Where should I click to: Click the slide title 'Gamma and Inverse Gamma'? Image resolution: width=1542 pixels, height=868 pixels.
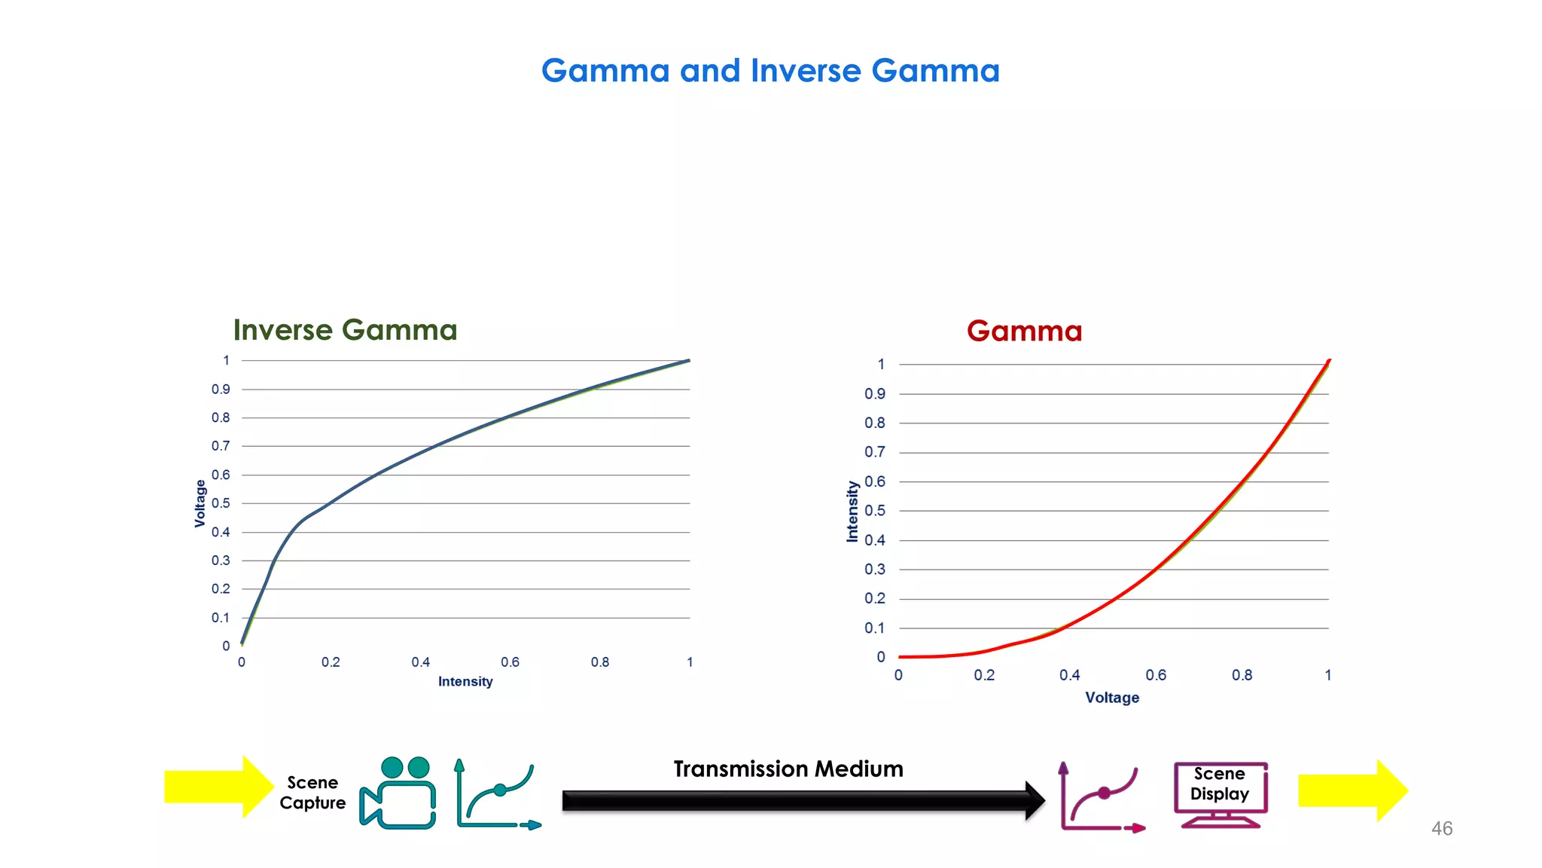tap(770, 71)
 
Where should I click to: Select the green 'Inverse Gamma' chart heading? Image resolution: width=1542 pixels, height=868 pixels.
tap(345, 330)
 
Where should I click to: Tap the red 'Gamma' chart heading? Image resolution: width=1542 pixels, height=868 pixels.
tap(1024, 331)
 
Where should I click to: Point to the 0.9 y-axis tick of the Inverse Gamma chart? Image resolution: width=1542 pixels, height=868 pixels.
tap(221, 390)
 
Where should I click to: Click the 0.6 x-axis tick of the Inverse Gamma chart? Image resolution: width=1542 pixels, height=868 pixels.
tap(510, 662)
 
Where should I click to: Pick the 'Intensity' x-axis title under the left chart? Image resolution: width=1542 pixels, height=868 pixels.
tap(465, 682)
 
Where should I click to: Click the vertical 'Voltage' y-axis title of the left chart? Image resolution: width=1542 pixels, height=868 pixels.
tap(200, 503)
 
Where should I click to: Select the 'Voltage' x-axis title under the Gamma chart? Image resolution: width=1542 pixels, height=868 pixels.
tap(1112, 698)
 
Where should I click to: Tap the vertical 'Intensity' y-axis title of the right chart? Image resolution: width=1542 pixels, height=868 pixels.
tap(852, 512)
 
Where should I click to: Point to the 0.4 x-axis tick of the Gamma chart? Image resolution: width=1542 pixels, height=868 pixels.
tap(1069, 675)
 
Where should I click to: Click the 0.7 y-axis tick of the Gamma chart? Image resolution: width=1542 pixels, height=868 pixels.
tap(874, 452)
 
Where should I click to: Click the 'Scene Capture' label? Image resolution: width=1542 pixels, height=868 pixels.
tap(312, 793)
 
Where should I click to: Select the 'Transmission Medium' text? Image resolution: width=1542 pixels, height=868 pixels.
tap(788, 769)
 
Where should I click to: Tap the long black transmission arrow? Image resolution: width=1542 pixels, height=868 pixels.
tap(798, 800)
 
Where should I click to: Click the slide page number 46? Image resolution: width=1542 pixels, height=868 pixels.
tap(1442, 829)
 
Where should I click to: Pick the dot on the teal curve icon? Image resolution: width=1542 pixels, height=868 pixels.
tap(500, 790)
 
